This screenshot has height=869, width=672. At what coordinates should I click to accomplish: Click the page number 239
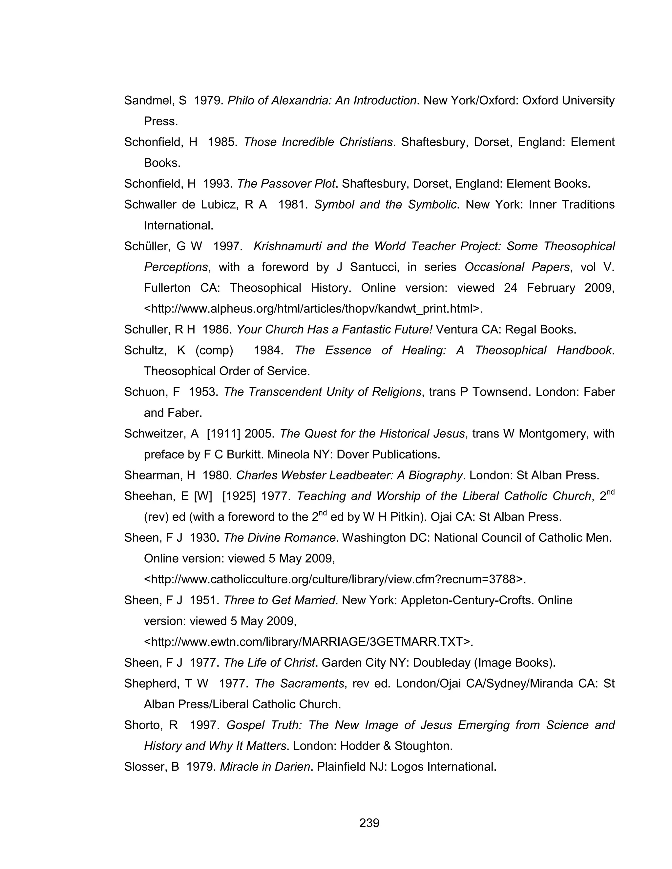tap(369, 822)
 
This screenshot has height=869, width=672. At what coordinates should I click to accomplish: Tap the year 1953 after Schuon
tap(203, 392)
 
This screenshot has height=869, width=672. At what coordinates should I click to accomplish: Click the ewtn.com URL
tap(308, 642)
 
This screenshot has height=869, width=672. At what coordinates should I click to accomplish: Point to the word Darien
tap(291, 767)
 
